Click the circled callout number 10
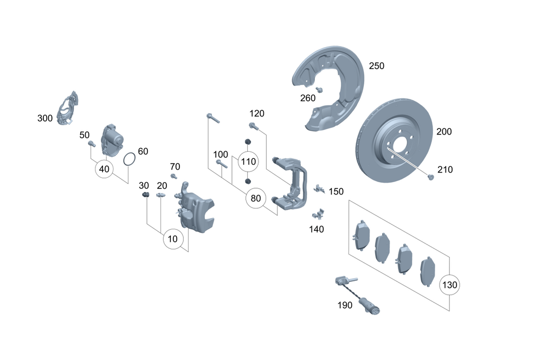pos(172,239)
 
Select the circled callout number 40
pos(104,169)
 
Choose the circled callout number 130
pos(450,284)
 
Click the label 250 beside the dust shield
pos(376,66)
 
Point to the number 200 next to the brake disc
pos(444,132)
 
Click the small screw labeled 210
pos(430,177)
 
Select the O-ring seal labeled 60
pos(128,159)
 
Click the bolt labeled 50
pos(92,144)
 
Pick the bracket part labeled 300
pos(68,108)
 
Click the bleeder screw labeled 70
pos(174,176)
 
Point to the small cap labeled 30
pos(145,195)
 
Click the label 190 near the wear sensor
pos(344,305)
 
